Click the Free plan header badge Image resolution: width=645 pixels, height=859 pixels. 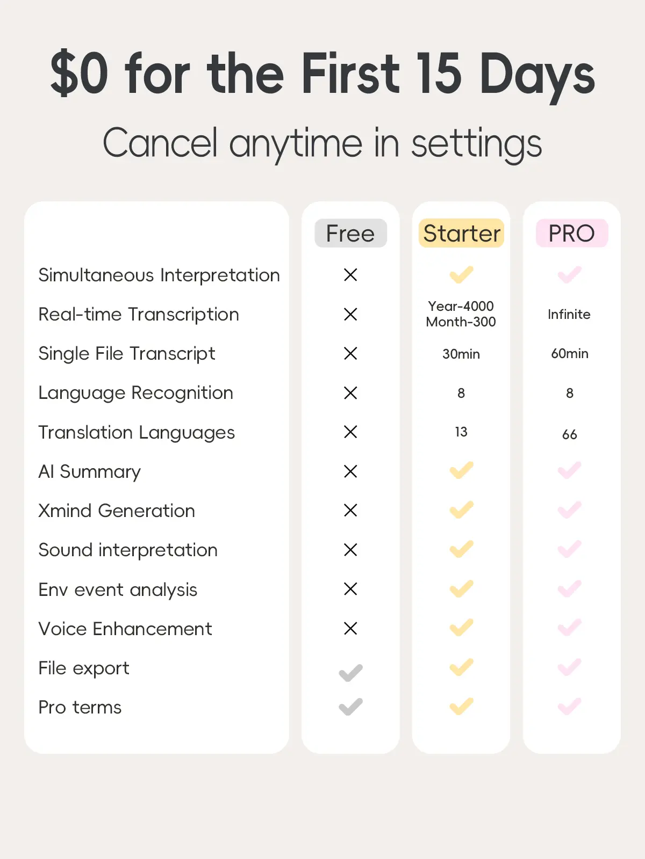point(350,233)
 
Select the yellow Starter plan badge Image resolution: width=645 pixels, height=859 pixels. point(461,233)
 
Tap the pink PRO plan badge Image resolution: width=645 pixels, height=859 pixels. point(572,233)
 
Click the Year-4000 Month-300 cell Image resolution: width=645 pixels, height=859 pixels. point(461,314)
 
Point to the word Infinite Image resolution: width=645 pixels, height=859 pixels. point(569,314)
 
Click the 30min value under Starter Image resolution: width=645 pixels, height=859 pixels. point(461,354)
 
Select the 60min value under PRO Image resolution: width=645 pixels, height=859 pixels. point(569,353)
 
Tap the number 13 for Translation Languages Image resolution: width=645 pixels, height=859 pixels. point(461,432)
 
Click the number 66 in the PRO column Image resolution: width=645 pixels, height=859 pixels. point(569,434)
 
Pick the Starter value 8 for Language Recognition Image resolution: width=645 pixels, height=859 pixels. point(461,393)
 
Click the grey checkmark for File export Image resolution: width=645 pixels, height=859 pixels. point(350,673)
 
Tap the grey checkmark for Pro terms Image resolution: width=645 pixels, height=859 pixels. point(350,707)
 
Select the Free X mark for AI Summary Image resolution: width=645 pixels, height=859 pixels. point(350,471)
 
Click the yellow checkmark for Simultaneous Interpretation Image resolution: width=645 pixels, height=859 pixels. point(461,275)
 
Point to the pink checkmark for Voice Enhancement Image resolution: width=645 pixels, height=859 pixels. point(569,628)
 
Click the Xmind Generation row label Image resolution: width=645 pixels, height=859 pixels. point(117,511)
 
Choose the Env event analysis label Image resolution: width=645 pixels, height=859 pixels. point(118,589)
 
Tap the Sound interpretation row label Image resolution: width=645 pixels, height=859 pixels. point(128,550)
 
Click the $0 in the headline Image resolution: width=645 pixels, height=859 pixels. point(79,74)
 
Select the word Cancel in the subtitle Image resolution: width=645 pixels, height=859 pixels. point(160,143)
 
